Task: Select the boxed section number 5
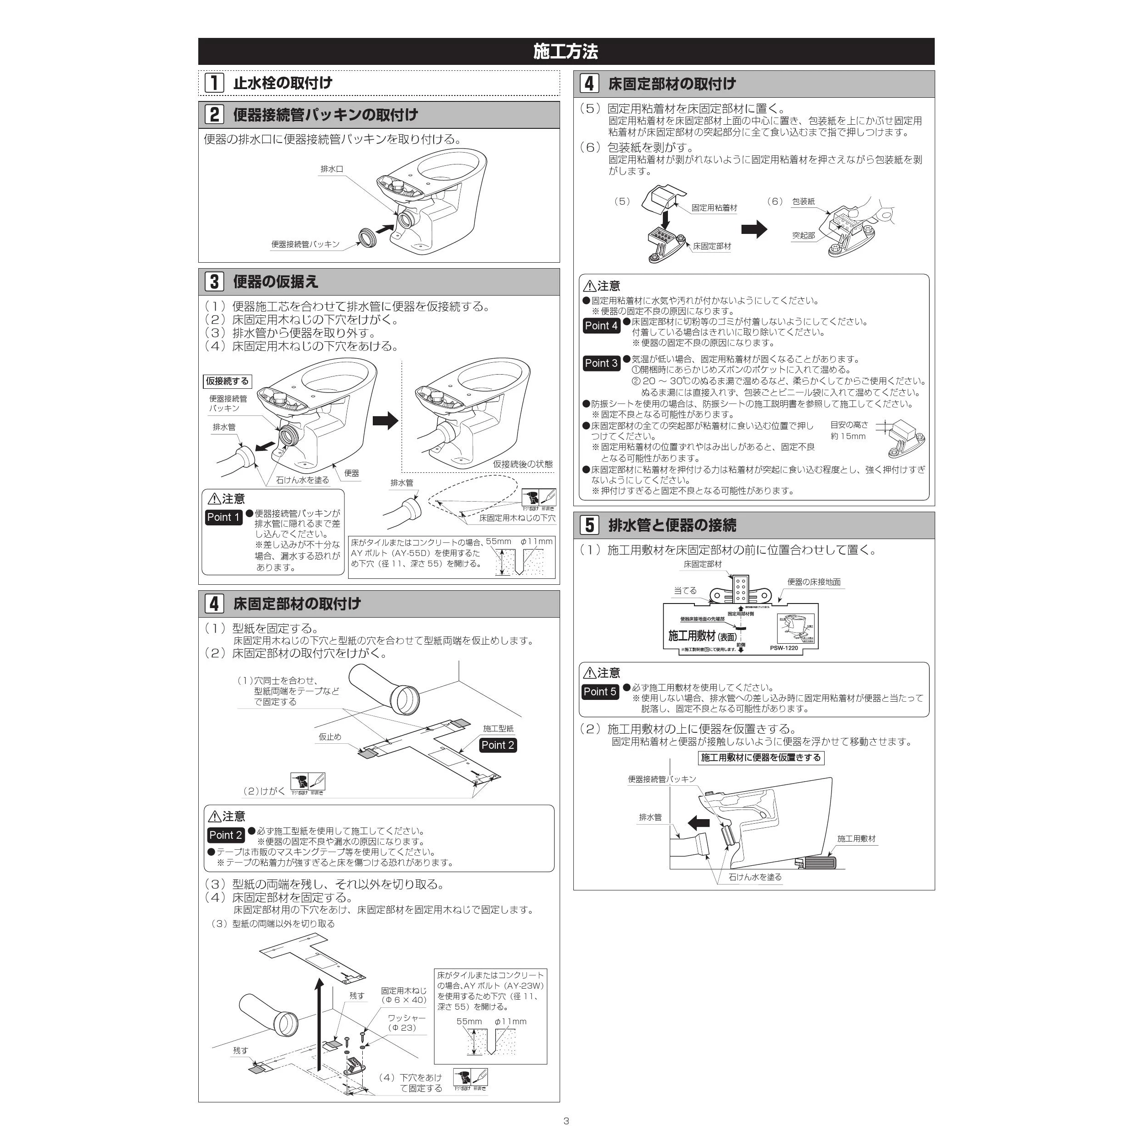[x=589, y=525]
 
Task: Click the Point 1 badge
[x=223, y=517]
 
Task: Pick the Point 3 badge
[x=601, y=363]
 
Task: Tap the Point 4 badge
[x=601, y=325]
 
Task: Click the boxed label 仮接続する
[x=227, y=381]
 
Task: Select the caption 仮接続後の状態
[x=523, y=464]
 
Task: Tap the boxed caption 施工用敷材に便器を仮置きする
[x=761, y=757]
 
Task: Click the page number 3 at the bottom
[x=566, y=1121]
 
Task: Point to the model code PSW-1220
[x=784, y=648]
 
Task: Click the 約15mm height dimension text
[x=848, y=436]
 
